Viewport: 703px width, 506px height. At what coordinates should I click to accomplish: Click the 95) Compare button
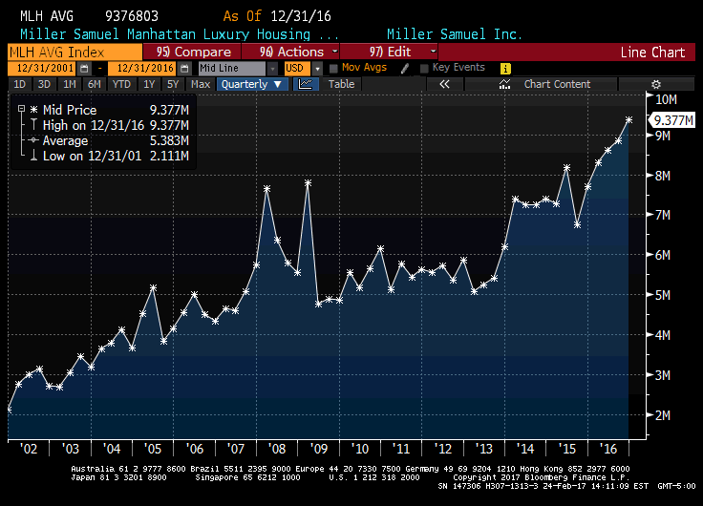pos(193,52)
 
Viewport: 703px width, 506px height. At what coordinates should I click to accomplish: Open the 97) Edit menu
pos(389,52)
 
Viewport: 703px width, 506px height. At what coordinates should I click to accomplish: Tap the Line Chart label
pos(652,53)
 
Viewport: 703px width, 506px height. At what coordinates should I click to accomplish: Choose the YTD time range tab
pos(121,84)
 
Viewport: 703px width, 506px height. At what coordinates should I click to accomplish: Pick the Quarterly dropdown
pos(252,84)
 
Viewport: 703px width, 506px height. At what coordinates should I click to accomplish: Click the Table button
pos(341,84)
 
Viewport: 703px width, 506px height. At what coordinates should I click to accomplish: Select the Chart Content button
pos(557,84)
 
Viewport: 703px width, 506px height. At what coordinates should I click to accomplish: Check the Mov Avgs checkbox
pos(333,69)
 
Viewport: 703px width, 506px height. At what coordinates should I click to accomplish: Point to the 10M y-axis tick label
pos(666,99)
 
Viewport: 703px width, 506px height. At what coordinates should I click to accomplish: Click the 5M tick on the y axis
pos(663,295)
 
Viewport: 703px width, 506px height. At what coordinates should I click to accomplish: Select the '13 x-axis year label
pos(485,448)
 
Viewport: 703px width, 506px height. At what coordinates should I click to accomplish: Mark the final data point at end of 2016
pos(629,119)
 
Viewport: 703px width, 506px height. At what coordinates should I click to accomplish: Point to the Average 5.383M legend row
pos(105,140)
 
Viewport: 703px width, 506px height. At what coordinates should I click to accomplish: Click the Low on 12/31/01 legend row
pos(105,155)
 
